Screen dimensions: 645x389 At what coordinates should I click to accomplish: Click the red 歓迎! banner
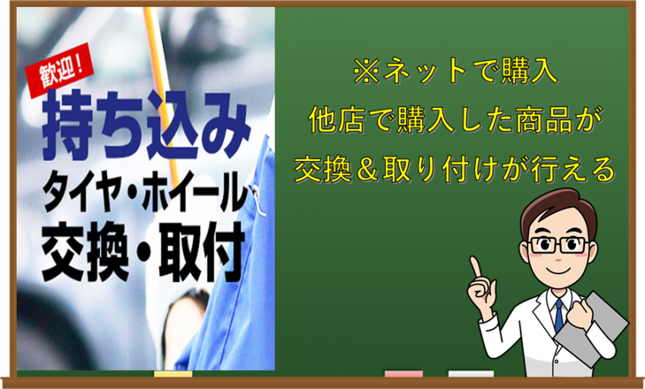[x=60, y=71]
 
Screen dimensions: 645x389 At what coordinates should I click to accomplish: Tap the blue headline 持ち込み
[x=146, y=125]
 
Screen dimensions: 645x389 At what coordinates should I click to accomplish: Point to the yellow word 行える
[x=573, y=169]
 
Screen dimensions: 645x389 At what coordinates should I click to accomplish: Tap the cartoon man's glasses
[x=558, y=245]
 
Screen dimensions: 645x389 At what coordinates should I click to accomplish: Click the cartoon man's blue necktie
[x=558, y=315]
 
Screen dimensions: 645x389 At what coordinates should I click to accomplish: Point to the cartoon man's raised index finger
[x=476, y=267]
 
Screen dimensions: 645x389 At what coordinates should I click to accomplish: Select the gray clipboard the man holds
[x=593, y=325]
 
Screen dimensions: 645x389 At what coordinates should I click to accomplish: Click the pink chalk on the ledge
[x=404, y=374]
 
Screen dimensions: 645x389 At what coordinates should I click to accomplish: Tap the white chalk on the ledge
[x=470, y=374]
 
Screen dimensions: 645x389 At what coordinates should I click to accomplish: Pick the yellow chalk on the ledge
[x=173, y=374]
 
